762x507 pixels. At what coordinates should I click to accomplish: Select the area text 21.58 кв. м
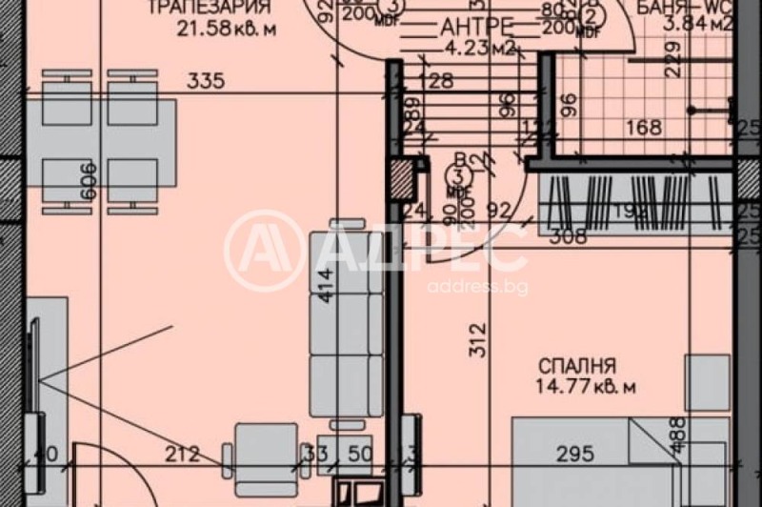[x=226, y=29]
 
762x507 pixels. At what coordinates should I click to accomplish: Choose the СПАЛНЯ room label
[x=577, y=366]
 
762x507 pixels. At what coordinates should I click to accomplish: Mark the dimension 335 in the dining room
[x=206, y=82]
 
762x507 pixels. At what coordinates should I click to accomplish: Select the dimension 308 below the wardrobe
[x=568, y=236]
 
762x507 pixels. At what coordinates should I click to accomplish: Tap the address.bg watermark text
[x=478, y=287]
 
